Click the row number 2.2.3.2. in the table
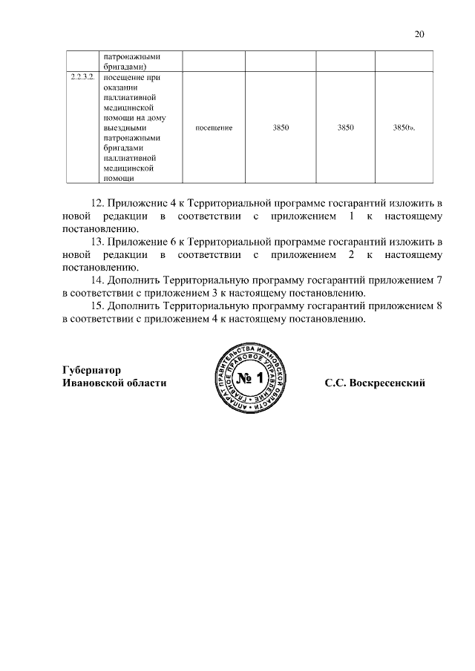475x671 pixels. point(82,77)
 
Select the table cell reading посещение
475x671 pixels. point(214,128)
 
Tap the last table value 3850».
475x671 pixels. point(403,128)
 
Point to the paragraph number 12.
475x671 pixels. point(97,202)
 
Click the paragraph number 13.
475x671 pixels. point(97,242)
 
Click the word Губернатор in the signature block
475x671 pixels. point(91,370)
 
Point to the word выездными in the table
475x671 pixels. point(123,128)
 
